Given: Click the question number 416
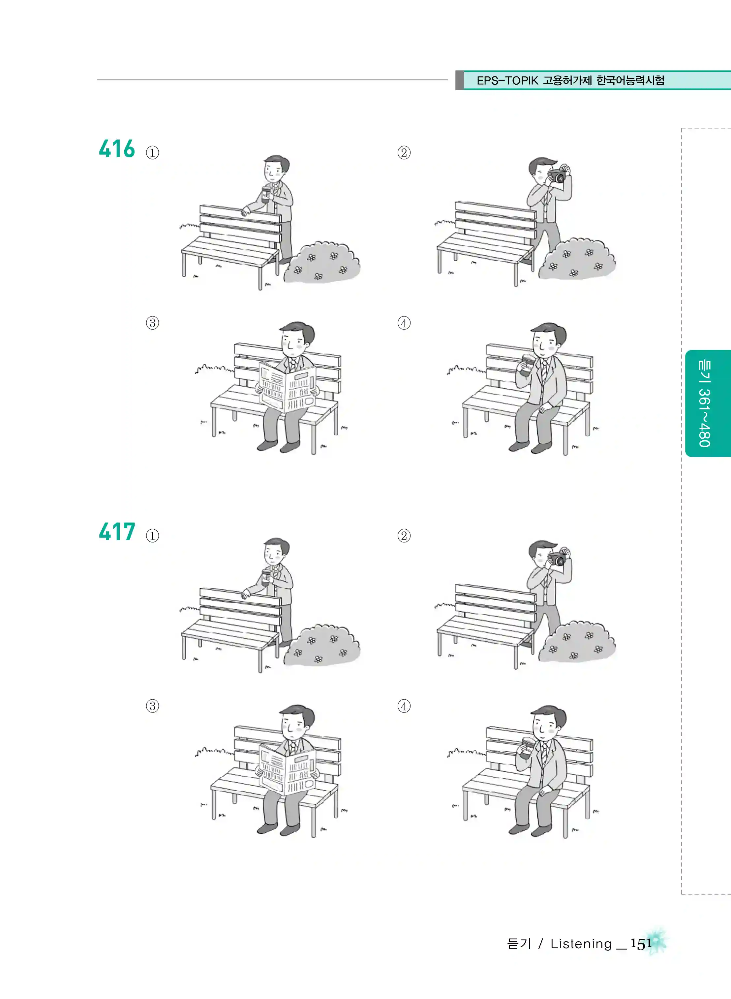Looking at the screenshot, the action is [x=117, y=149].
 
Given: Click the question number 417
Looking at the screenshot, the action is [x=117, y=532].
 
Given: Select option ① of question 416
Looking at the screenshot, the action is [x=153, y=153].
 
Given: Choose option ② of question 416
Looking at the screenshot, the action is [x=404, y=153].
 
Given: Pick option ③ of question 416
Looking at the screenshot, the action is [x=153, y=323].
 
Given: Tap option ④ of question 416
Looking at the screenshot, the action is [x=404, y=323].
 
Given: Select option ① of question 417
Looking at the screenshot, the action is [x=153, y=536].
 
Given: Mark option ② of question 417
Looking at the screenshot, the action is [x=404, y=536].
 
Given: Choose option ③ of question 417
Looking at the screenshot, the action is [x=153, y=706].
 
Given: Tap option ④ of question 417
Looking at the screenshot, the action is [x=404, y=706].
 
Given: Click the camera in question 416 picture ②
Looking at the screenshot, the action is [x=557, y=175].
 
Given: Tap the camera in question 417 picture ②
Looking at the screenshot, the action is [x=557, y=558].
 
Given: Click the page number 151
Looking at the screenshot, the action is [x=641, y=943].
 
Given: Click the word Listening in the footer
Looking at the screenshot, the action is [x=581, y=944].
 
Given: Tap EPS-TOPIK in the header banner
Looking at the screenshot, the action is [x=507, y=80].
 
